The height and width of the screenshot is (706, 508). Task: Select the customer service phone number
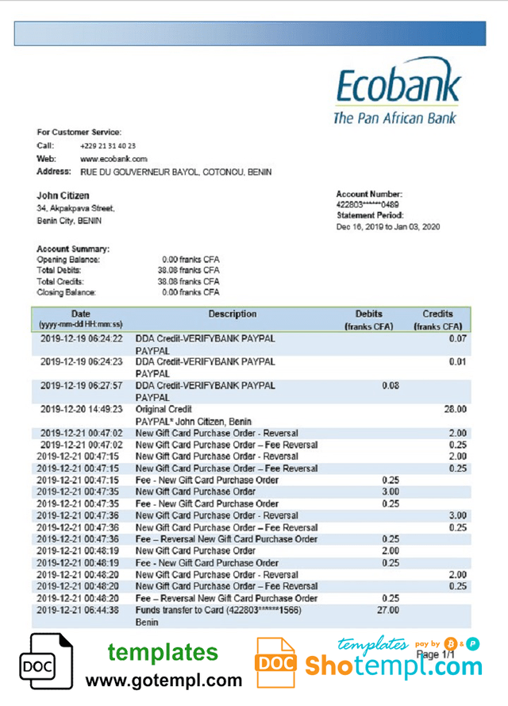[x=107, y=146]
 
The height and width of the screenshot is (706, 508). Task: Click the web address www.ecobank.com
[x=114, y=159]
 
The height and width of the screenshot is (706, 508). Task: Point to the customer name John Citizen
[x=63, y=195]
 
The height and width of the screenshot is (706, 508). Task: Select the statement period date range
[x=388, y=226]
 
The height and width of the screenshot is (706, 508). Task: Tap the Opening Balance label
[x=68, y=260]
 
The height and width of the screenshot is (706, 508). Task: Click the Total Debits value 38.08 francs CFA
[x=188, y=270]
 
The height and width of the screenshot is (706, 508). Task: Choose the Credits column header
[x=437, y=314]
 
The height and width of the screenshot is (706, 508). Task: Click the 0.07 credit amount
[x=457, y=339]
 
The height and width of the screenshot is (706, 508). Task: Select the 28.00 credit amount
[x=455, y=410]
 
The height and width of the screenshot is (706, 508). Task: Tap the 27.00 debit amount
[x=387, y=610]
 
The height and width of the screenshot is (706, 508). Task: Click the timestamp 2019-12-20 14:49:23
[x=82, y=410]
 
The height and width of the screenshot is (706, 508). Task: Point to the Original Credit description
[x=164, y=410]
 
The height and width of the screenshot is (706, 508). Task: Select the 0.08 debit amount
[x=390, y=386]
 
